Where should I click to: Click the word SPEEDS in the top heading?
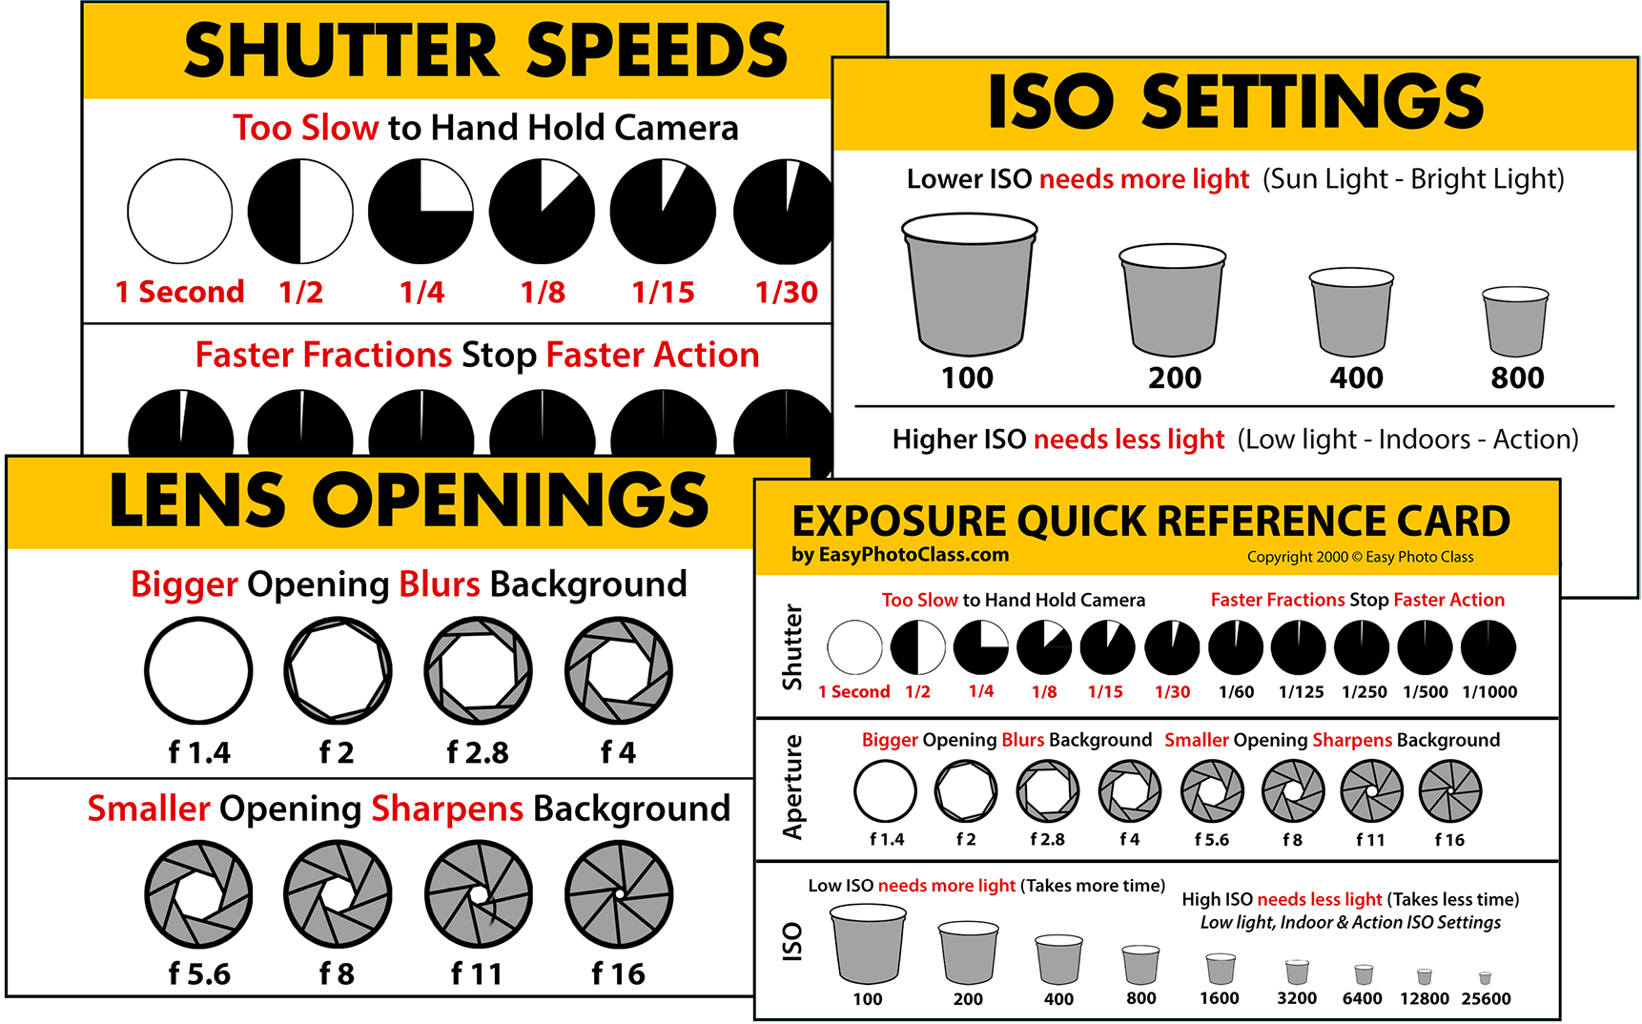657,51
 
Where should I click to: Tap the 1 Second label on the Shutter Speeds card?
179,292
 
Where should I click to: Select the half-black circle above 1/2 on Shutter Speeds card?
300,212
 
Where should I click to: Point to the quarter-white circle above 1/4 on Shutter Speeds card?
421,212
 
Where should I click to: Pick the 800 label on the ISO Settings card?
1517,378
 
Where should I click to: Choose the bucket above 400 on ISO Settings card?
1351,313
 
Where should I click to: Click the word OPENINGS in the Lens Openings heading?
511,500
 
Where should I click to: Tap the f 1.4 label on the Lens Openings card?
199,753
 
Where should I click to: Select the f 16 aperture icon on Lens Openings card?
619,894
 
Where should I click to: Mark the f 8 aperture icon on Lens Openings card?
338,894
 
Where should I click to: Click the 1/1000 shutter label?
1489,692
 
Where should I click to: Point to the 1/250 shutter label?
1364,692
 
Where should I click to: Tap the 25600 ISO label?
1486,999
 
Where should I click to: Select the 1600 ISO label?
1220,998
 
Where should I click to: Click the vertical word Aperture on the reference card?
792,788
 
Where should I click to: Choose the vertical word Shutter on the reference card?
791,646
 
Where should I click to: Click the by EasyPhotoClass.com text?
900,555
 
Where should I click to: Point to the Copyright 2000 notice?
1360,557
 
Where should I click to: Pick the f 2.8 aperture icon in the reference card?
1048,791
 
